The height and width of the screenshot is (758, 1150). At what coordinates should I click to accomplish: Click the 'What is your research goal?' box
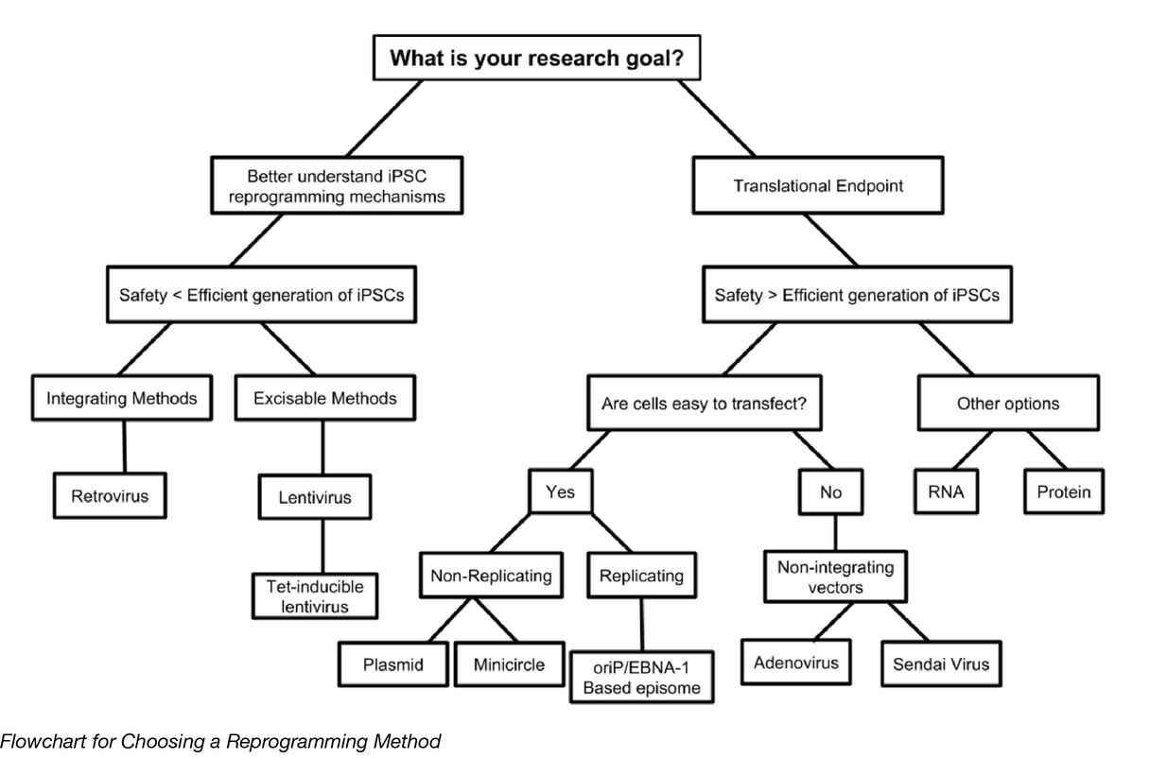[x=544, y=59]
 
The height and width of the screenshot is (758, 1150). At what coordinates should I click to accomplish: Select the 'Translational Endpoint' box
[x=818, y=186]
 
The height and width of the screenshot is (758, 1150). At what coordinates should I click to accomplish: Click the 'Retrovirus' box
[x=110, y=495]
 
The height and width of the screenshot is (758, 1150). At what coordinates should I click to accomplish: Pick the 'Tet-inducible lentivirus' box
[x=315, y=596]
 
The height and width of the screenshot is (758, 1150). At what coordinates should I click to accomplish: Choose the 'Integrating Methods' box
[x=122, y=398]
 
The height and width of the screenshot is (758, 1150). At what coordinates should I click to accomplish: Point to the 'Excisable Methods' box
[x=324, y=398]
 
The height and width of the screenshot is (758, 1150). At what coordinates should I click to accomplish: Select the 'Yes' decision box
[x=560, y=491]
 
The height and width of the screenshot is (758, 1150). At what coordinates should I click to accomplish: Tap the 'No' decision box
[x=830, y=492]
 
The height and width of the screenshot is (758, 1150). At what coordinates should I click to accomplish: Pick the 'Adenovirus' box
[x=796, y=663]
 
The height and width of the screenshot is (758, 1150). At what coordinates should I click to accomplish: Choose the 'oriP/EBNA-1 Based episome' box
[x=642, y=677]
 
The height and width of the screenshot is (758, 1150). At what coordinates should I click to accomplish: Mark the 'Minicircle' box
[x=509, y=664]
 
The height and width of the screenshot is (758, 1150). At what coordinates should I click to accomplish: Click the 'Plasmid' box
[x=392, y=664]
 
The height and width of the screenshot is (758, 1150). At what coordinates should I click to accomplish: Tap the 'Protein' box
[x=1063, y=491]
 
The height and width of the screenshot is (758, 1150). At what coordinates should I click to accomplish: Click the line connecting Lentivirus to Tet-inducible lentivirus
[x=323, y=545]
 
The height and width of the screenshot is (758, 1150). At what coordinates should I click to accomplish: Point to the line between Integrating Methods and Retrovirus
[x=124, y=447]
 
